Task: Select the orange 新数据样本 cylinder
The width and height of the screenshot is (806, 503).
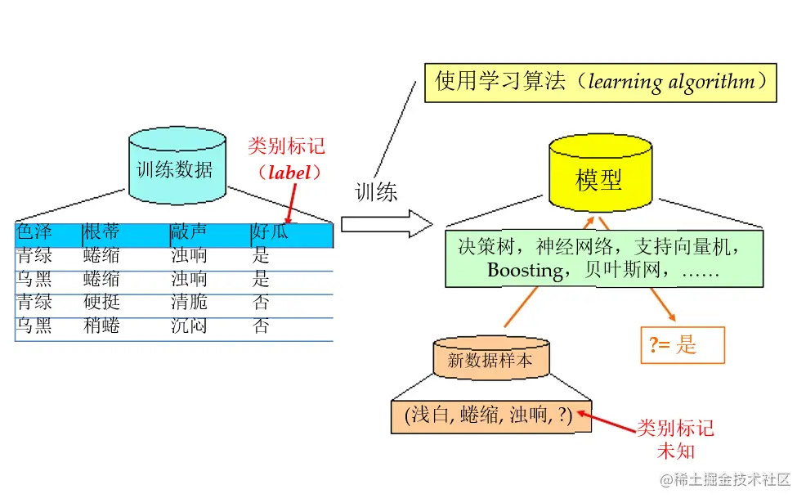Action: tap(490, 357)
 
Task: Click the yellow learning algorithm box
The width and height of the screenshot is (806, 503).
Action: tap(600, 83)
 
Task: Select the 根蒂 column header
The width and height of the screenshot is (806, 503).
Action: tap(101, 233)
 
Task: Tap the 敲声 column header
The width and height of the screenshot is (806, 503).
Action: tap(189, 233)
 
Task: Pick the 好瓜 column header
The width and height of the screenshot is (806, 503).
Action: tap(271, 233)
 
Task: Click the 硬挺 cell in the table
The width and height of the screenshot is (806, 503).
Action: tap(101, 303)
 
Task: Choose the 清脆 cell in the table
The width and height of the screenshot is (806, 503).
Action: tap(189, 303)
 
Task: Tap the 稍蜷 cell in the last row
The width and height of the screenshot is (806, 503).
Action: tap(101, 326)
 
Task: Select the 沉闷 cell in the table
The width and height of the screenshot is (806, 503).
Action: tap(189, 326)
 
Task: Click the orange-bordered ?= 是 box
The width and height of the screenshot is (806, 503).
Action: tap(683, 345)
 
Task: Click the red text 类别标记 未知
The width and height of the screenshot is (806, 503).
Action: tap(675, 439)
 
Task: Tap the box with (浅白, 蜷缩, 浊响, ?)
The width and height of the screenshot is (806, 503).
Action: tap(489, 415)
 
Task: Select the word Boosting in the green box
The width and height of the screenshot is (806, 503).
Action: tap(524, 270)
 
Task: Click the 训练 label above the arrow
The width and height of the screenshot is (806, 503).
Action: tap(377, 191)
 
